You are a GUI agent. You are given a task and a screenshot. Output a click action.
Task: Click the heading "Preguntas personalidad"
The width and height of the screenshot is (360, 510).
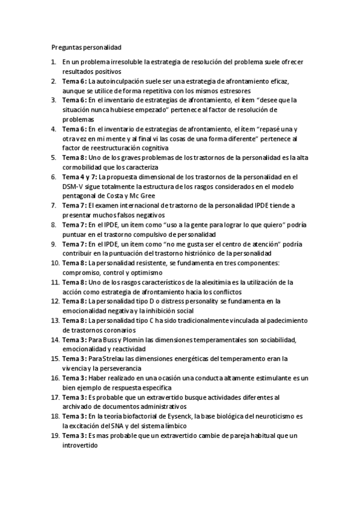87,46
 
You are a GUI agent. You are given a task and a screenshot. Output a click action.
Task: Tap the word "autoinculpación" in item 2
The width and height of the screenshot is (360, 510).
119,80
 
